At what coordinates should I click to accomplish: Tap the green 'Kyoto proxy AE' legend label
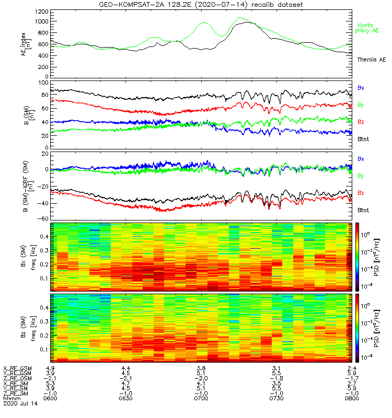pos(368,28)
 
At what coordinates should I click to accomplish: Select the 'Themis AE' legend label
pos(371,60)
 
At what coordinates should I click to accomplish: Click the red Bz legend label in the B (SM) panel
pos(361,122)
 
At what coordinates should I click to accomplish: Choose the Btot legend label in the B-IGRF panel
pos(364,210)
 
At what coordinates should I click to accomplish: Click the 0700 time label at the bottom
pos(201,398)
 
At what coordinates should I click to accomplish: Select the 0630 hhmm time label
pos(125,398)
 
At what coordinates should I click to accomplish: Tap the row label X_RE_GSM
pos(17,368)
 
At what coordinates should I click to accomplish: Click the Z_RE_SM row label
pos(17,393)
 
